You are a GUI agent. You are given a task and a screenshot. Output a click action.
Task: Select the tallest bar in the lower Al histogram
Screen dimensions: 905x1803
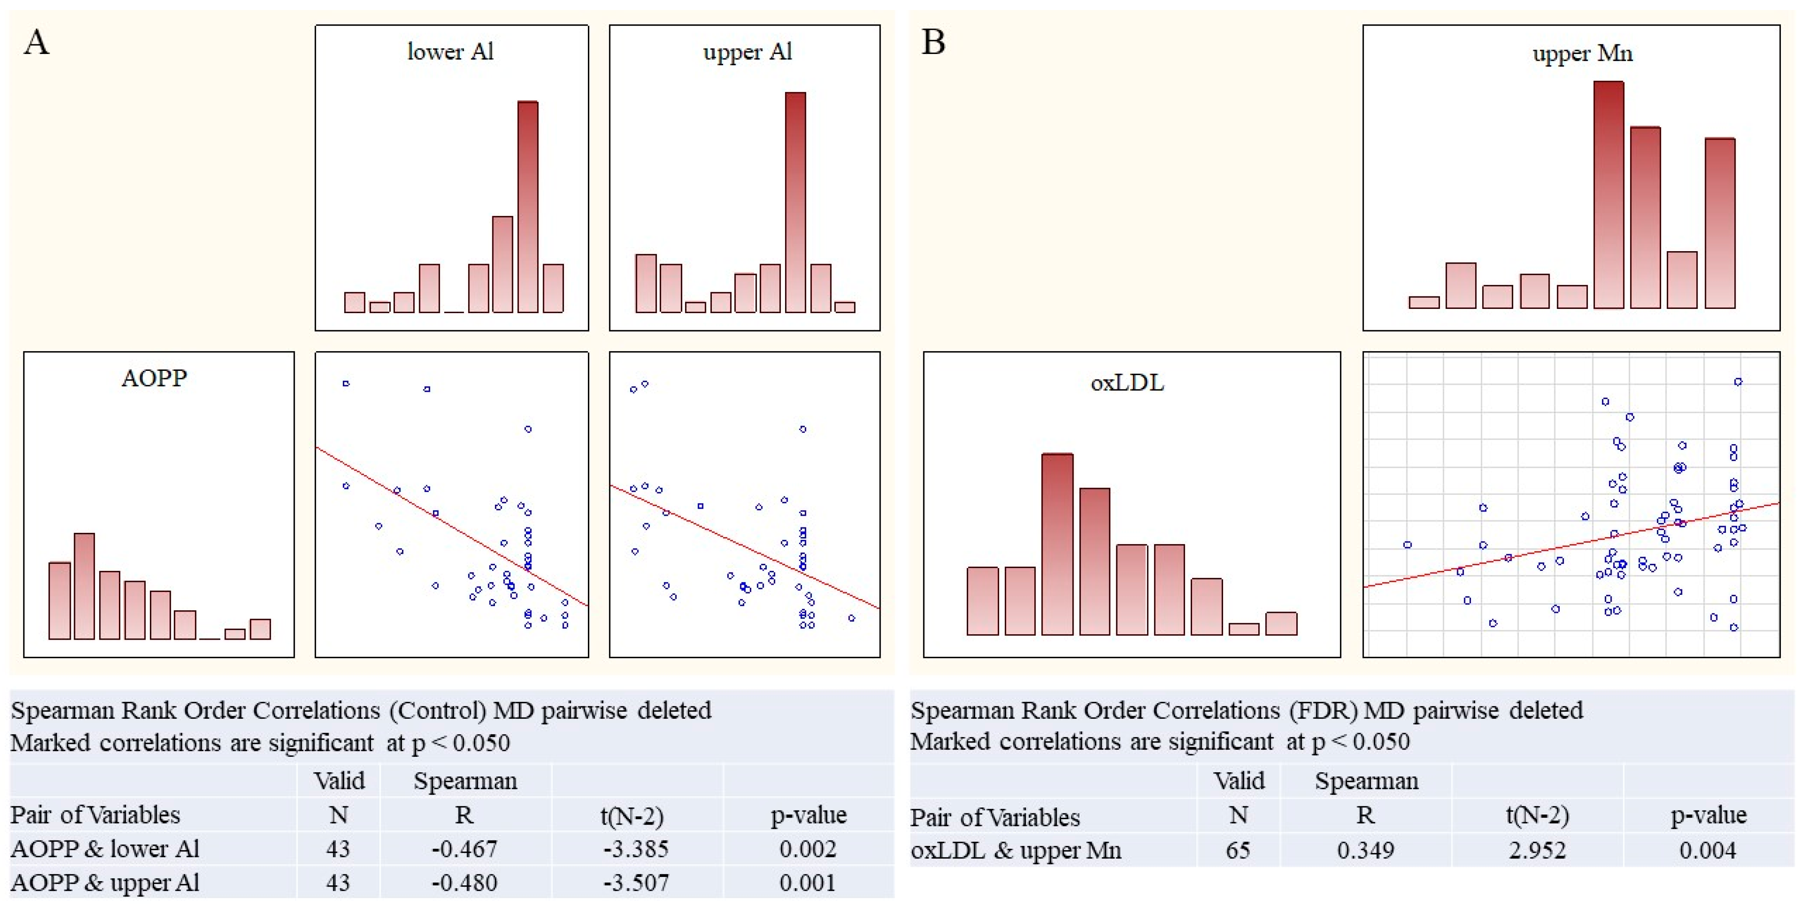[x=528, y=206]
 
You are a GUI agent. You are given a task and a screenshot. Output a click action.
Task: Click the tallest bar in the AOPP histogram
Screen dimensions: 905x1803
[x=84, y=586]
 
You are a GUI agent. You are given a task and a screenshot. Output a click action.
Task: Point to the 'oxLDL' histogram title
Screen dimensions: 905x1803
[x=1127, y=382]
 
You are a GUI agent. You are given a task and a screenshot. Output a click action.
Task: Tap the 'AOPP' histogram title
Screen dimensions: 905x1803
[x=154, y=378]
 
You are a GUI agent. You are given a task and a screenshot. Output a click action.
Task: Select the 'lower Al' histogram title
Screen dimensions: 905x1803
[x=450, y=52]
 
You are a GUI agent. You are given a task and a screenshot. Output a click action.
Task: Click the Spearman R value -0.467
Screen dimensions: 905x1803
[x=464, y=849]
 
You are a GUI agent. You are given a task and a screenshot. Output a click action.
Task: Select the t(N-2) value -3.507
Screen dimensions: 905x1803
[x=636, y=882]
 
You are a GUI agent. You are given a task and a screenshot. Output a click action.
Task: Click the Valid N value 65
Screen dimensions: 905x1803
[x=1237, y=851]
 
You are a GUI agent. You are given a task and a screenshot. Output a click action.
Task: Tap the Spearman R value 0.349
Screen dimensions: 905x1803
[x=1365, y=851]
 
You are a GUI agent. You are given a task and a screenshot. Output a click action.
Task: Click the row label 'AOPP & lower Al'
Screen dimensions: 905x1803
[x=105, y=849]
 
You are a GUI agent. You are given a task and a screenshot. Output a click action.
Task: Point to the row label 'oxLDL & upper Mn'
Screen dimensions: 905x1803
[x=1015, y=851]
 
